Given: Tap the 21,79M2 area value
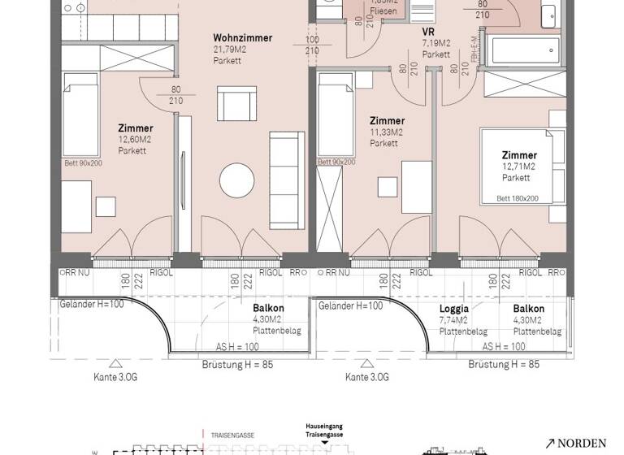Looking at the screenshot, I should click(x=229, y=50).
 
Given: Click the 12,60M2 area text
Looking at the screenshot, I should click(x=135, y=139).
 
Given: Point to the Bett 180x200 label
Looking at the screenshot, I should click(x=518, y=197).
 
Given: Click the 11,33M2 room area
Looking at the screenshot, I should click(x=387, y=132).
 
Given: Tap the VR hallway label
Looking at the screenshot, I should click(x=428, y=32).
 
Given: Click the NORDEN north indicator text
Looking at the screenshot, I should click(x=583, y=443).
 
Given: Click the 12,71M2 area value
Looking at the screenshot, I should click(x=518, y=167).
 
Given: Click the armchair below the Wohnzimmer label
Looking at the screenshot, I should click(x=237, y=104).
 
